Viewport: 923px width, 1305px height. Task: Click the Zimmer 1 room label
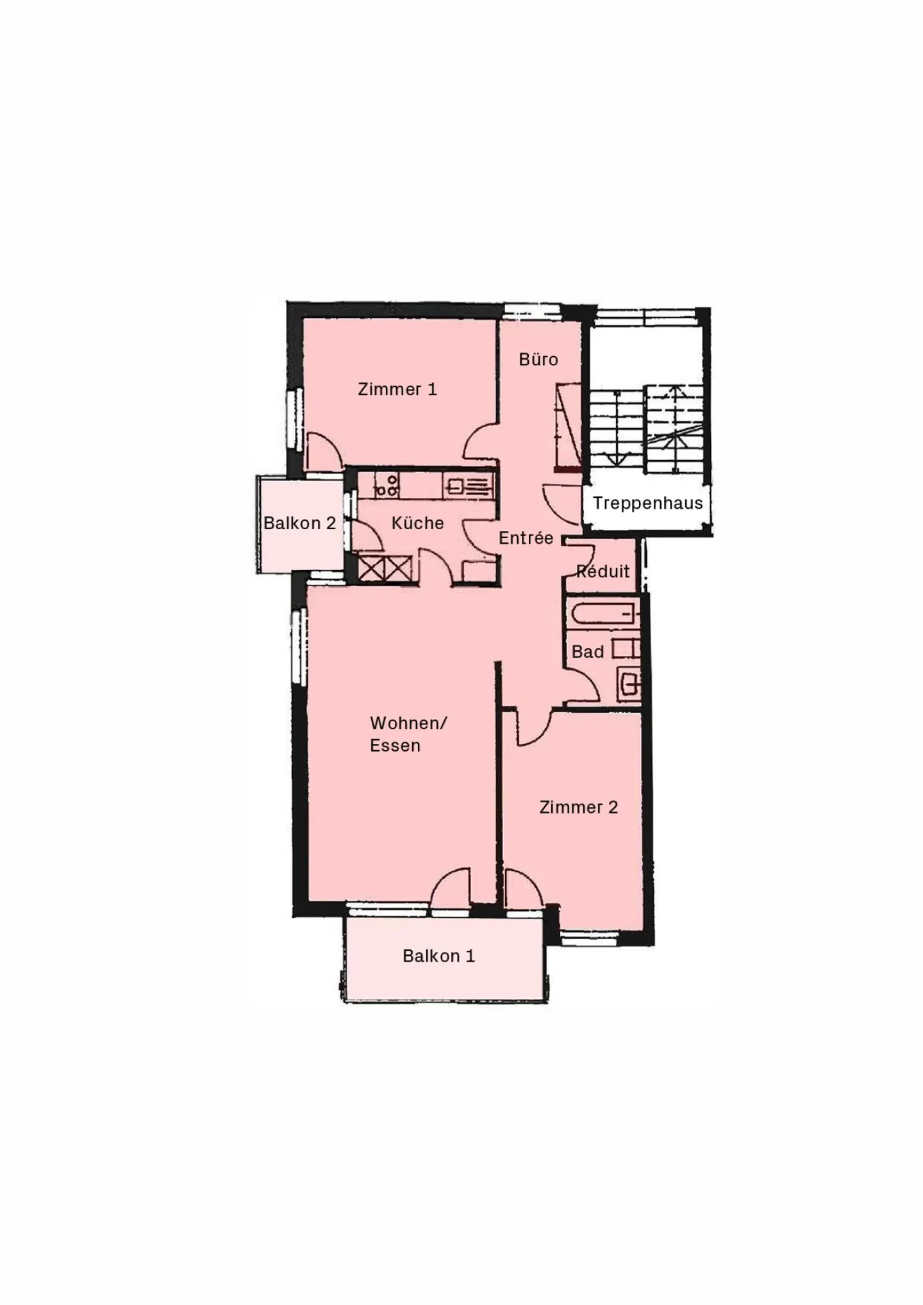click(397, 389)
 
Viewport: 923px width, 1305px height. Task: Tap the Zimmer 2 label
click(578, 807)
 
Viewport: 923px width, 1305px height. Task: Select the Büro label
click(538, 359)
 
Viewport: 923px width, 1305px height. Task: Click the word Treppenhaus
click(647, 503)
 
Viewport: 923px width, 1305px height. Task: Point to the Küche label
click(417, 523)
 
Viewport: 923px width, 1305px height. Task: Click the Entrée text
click(526, 538)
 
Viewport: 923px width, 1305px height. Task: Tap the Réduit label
click(603, 571)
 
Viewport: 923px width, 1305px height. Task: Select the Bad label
click(588, 652)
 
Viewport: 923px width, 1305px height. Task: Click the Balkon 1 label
click(438, 956)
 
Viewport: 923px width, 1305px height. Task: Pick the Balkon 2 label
click(299, 523)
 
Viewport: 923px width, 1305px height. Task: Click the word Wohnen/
click(408, 723)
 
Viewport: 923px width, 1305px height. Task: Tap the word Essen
click(395, 746)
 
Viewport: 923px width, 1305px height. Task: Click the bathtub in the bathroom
click(603, 614)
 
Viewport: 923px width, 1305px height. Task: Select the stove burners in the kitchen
click(387, 486)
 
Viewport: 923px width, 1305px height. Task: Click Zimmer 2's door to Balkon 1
click(522, 887)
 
